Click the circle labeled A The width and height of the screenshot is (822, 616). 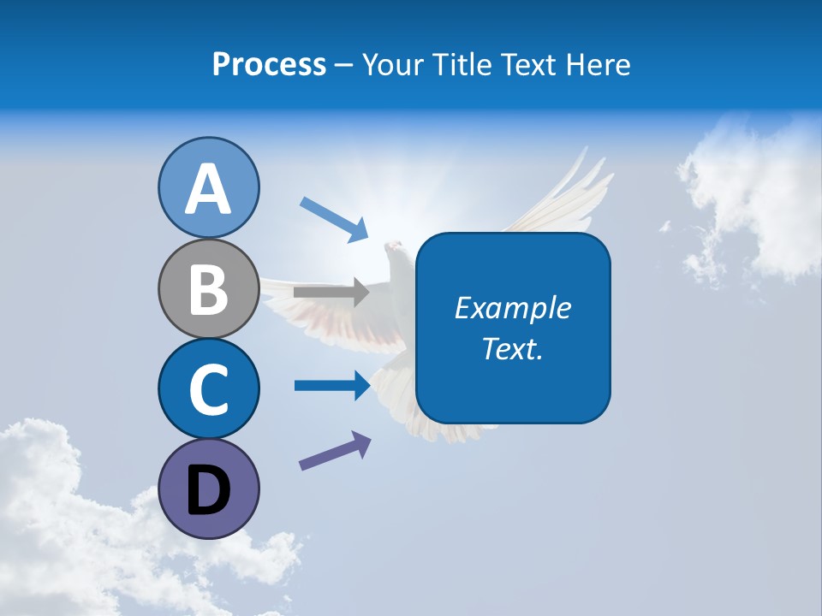[209, 187]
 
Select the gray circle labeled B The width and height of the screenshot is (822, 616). [209, 288]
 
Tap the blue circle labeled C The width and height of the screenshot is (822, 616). [209, 388]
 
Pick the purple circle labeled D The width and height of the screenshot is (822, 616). [209, 489]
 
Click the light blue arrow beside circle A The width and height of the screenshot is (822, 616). [335, 218]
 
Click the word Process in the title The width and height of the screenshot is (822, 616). [269, 64]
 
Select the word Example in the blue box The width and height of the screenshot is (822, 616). [512, 308]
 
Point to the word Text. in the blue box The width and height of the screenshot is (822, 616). [512, 348]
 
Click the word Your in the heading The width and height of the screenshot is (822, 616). [391, 64]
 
